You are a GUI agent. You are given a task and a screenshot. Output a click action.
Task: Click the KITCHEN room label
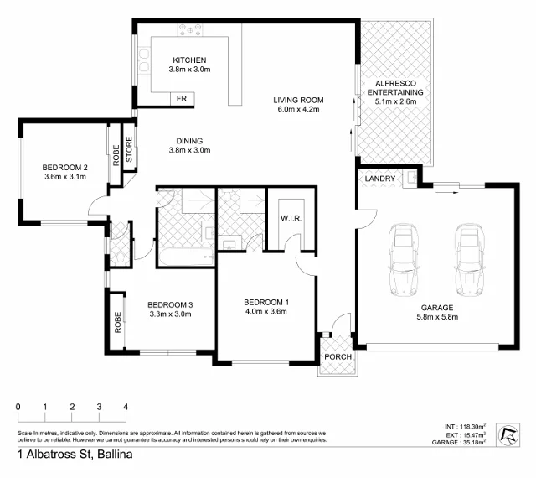pos(188,60)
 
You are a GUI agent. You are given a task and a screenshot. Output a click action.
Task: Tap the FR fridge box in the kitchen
pos(181,99)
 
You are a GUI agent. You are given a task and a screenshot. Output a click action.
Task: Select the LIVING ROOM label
pos(297,101)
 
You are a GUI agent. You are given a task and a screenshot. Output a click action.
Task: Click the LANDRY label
pos(380,179)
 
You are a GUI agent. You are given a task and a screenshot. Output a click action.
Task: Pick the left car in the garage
pos(405,261)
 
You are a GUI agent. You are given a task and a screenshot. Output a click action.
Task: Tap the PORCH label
pos(338,357)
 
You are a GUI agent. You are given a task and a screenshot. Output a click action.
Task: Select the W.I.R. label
pos(291,220)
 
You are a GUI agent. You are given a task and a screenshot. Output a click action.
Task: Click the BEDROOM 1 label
pos(265,302)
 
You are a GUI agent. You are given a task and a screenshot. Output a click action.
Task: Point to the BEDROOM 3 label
pos(170,304)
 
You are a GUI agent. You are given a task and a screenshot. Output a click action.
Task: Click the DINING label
pos(188,141)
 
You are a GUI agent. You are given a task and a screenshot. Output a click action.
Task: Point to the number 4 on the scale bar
pos(126,407)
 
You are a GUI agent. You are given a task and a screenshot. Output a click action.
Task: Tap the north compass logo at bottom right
pos(507,434)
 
